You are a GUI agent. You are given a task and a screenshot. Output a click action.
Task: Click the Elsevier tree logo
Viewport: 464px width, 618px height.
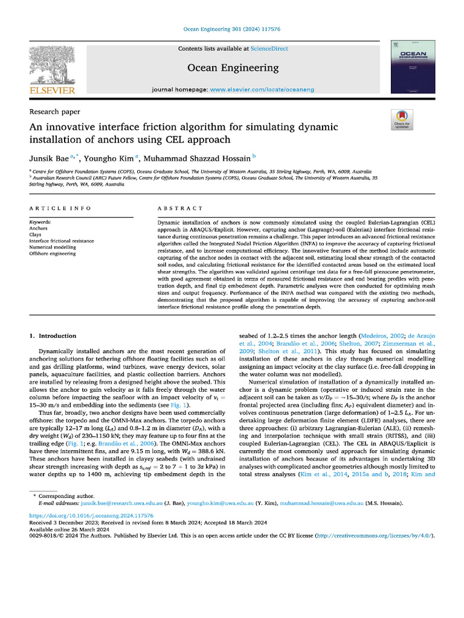(52, 66)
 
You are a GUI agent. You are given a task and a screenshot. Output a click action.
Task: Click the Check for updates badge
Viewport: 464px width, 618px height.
(402, 120)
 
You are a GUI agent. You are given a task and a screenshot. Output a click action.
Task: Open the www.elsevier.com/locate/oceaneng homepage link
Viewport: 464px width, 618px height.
(261, 89)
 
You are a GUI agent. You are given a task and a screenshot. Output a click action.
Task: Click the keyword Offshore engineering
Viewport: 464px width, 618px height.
(53, 253)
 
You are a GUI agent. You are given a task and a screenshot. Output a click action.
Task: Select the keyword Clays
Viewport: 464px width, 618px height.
(37, 235)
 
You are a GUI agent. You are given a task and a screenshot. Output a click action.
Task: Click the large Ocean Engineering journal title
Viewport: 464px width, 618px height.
(233, 68)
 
